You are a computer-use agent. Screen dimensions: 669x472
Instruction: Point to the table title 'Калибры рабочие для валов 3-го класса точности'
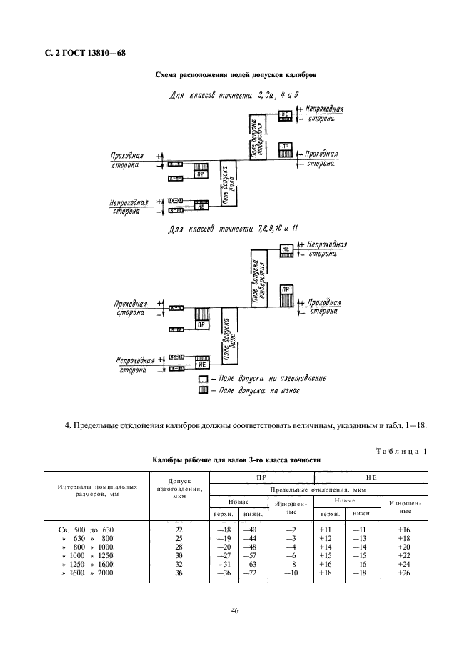(236, 461)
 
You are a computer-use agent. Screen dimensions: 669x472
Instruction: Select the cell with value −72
(251, 573)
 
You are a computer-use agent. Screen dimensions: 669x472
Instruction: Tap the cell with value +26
(403, 573)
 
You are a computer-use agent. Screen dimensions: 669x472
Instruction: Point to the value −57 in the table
(251, 555)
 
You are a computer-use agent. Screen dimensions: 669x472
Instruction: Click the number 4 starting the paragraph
(67, 427)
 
